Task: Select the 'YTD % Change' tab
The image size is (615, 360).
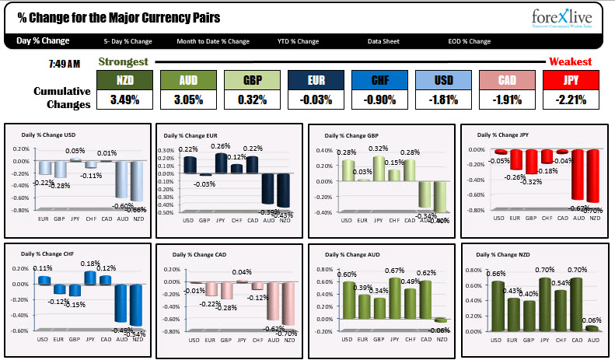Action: pos(298,41)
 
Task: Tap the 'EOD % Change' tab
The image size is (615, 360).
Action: pos(469,41)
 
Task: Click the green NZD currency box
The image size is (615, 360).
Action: pos(124,80)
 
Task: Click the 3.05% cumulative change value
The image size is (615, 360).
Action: pos(187,100)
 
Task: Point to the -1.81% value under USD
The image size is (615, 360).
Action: pos(443,100)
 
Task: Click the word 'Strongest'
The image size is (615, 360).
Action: pos(123,61)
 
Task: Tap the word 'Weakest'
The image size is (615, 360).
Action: pos(571,61)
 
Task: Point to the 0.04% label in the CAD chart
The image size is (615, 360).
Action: pos(242,272)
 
